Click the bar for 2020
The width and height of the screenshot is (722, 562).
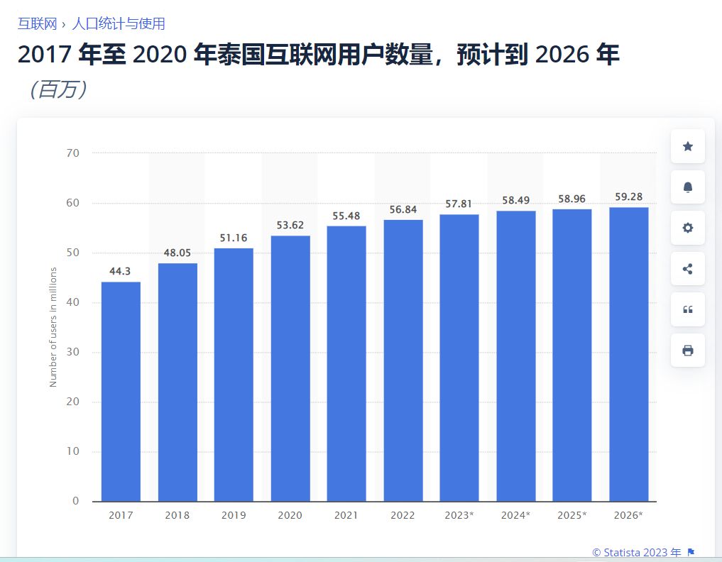[290, 368]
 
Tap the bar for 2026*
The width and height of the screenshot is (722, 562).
[628, 354]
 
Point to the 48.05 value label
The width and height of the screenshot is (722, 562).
[177, 252]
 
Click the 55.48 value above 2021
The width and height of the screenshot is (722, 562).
[346, 216]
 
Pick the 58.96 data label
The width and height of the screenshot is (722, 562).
[572, 199]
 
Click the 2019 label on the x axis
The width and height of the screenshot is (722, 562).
[234, 515]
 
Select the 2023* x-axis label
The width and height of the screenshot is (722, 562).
[459, 515]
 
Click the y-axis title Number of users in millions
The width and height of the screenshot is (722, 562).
[53, 327]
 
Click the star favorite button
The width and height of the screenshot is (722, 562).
[687, 146]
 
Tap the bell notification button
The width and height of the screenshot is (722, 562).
[687, 187]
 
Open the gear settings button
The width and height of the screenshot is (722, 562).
[687, 228]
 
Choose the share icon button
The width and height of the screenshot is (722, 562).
[687, 269]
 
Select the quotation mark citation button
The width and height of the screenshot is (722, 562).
[687, 309]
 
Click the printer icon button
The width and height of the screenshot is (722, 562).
[687, 351]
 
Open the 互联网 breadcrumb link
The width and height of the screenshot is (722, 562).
[37, 23]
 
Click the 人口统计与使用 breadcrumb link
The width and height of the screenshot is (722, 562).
[118, 23]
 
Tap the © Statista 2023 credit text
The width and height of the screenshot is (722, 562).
[637, 552]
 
